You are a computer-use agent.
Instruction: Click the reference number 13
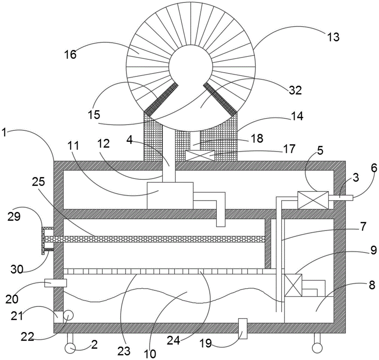(x=333, y=37)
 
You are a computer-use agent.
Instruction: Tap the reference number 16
(x=70, y=54)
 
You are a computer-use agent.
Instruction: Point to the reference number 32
(x=295, y=90)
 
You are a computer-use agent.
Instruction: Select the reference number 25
(x=38, y=181)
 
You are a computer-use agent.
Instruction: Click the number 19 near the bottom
(x=206, y=343)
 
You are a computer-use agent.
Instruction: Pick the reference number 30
(x=17, y=269)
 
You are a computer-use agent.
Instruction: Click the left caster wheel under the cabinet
(x=70, y=348)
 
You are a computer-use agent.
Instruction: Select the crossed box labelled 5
(x=313, y=200)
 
